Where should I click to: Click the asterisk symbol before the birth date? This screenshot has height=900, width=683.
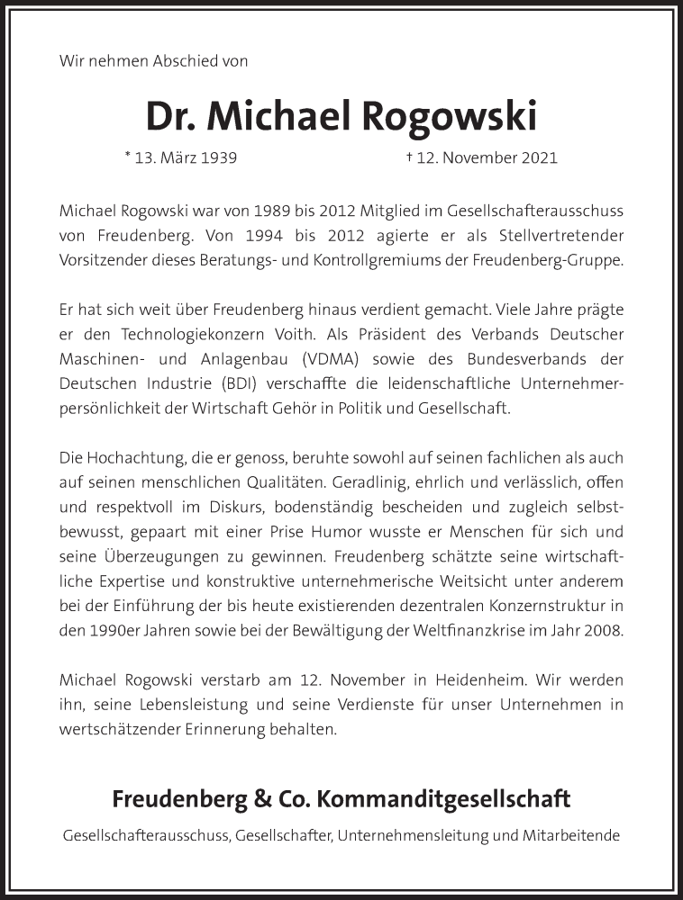point(128,156)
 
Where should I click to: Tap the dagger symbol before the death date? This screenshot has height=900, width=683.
point(409,157)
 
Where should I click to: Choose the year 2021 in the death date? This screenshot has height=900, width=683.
point(539,157)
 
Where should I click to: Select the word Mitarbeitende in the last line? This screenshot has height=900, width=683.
point(571,835)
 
